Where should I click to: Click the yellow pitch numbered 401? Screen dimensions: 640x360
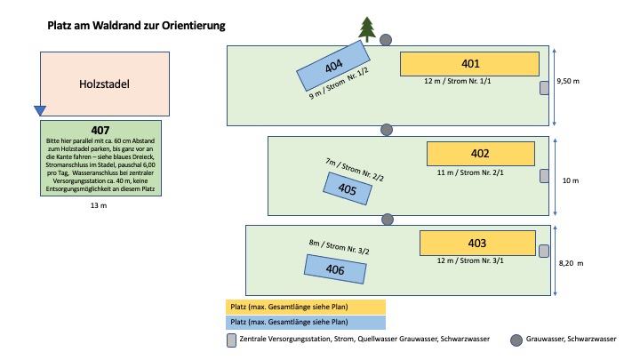click(x=469, y=64)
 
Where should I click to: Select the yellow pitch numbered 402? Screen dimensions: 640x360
click(x=480, y=154)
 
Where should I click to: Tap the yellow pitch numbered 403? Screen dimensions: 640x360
click(x=477, y=244)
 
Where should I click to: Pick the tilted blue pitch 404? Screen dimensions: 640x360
click(x=333, y=65)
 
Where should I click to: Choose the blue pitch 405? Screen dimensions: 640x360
click(x=348, y=188)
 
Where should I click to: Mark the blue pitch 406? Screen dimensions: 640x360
click(x=335, y=269)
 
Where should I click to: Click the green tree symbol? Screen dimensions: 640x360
click(x=367, y=29)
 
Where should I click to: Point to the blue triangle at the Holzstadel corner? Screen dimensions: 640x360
click(x=40, y=110)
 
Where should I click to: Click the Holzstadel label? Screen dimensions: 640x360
click(x=104, y=84)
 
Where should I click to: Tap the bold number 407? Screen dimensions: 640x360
click(x=100, y=130)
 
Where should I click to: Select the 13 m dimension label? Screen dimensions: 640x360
click(x=99, y=205)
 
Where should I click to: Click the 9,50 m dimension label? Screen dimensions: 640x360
click(x=568, y=81)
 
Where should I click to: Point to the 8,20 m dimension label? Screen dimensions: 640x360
click(x=571, y=263)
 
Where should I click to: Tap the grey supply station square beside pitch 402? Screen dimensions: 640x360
click(x=544, y=176)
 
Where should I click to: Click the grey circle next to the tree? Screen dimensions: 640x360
click(x=386, y=40)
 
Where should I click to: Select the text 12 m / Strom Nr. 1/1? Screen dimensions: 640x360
click(x=458, y=81)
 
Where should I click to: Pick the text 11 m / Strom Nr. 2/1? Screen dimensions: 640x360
click(x=470, y=172)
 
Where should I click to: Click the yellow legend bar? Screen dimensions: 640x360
click(x=306, y=307)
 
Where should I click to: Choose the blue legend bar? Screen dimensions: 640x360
click(x=306, y=322)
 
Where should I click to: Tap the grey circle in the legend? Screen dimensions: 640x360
click(x=516, y=340)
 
